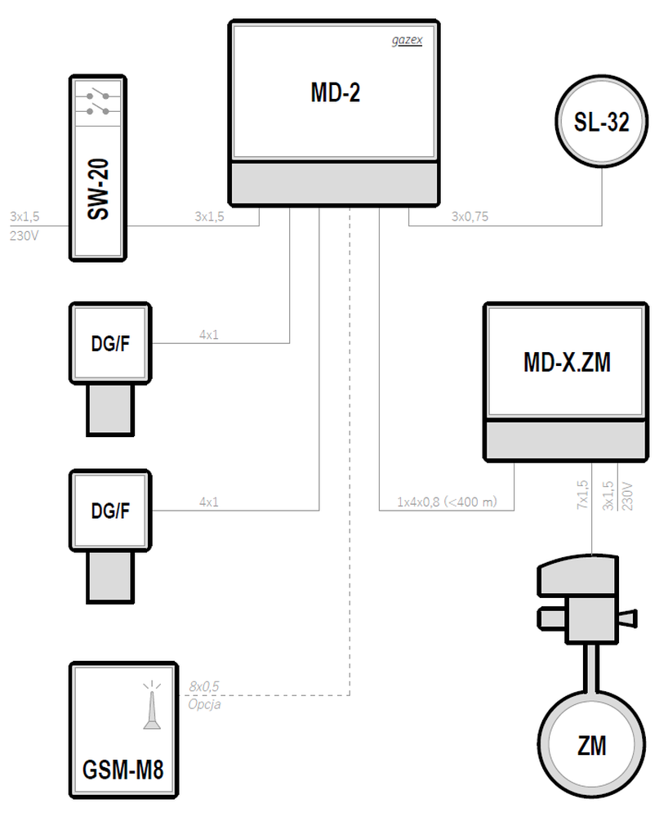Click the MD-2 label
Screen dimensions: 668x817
click(336, 93)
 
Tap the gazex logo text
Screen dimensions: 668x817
click(407, 40)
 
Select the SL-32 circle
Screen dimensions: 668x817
click(601, 122)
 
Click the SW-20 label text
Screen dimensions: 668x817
click(98, 190)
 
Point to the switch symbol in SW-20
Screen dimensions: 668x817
click(98, 103)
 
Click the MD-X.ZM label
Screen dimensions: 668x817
click(567, 362)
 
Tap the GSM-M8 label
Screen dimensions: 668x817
click(122, 770)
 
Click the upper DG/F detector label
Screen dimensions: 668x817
click(110, 343)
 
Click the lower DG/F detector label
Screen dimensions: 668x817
click(110, 511)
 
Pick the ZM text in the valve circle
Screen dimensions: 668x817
click(592, 746)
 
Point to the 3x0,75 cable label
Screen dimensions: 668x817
click(470, 217)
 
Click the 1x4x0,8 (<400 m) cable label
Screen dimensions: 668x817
click(448, 502)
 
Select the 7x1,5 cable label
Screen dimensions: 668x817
click(582, 494)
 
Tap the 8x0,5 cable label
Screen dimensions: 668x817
click(204, 687)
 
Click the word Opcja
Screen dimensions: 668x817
click(205, 704)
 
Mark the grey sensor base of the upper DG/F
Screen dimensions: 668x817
click(110, 409)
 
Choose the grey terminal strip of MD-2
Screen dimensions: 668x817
click(334, 183)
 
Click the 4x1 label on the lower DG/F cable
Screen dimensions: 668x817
click(209, 502)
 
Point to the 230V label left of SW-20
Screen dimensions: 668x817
click(24, 236)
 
